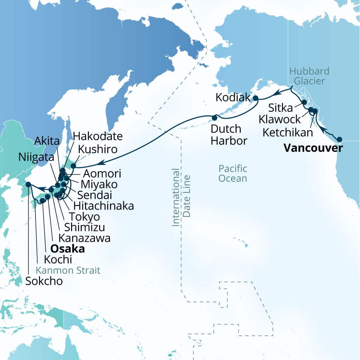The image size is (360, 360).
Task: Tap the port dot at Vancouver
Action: point(339,139)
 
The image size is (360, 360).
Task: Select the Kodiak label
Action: point(232,97)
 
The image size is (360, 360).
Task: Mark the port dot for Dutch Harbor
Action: point(214,116)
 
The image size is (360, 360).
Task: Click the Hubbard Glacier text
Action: point(309,76)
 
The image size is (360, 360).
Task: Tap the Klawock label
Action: point(279,119)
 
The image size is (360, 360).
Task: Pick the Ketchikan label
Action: point(288,133)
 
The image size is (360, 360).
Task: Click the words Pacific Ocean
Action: point(232,173)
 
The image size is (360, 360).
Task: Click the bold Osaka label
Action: point(68,249)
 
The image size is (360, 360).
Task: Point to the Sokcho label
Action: point(44,281)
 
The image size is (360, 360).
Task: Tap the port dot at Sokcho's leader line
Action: point(28,184)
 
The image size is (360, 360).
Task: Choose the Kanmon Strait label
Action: point(68,270)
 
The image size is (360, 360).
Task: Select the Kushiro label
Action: point(97,149)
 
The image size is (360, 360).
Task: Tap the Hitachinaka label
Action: point(103,206)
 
